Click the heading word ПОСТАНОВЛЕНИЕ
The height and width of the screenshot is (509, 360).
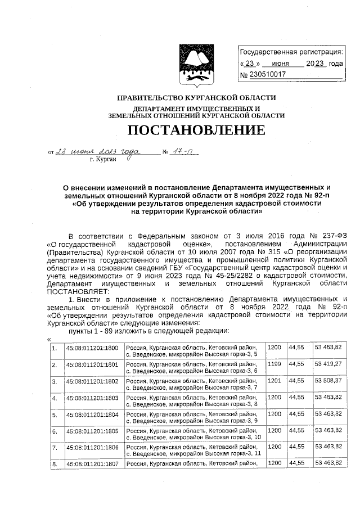click(196, 131)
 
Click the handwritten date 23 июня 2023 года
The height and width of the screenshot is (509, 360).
click(95, 152)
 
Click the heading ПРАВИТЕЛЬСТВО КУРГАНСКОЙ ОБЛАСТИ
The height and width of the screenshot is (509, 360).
click(196, 98)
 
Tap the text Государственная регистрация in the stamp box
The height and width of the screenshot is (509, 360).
click(291, 53)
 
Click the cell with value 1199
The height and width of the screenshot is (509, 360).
click(274, 364)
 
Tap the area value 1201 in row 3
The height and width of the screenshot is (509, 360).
click(274, 381)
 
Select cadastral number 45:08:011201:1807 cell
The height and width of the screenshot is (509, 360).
click(92, 464)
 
